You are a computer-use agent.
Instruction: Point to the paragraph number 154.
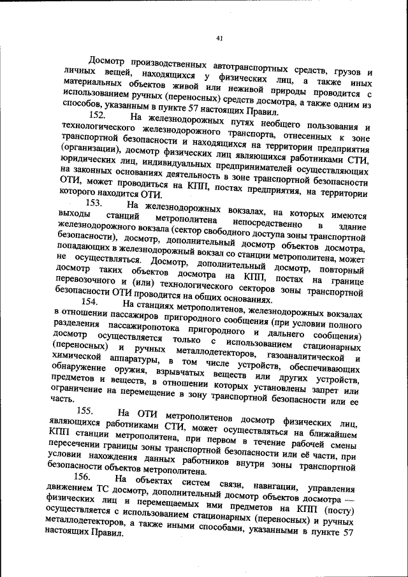point(91,302)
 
